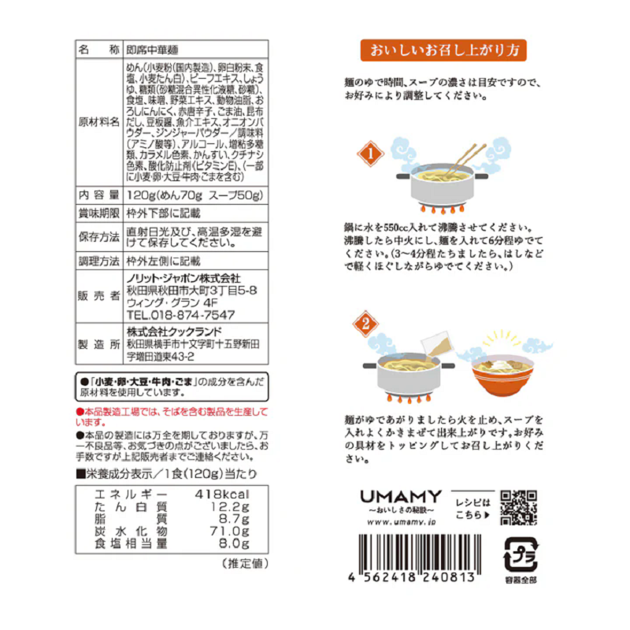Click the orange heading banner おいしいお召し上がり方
(443, 52)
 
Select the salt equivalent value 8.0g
(233, 543)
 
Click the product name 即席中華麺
(154, 50)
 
